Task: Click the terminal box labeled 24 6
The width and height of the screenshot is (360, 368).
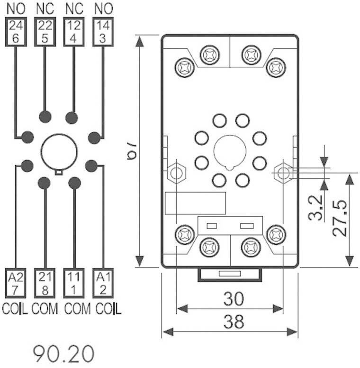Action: pyautogui.click(x=16, y=32)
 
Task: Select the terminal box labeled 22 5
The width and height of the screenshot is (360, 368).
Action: pyautogui.click(x=45, y=32)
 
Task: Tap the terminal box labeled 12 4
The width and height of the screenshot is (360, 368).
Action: pyautogui.click(x=74, y=32)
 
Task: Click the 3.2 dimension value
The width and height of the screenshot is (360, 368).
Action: pyautogui.click(x=316, y=207)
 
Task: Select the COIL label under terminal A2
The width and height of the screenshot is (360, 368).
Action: pyautogui.click(x=16, y=308)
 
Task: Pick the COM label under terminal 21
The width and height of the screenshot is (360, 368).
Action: pyautogui.click(x=45, y=308)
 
